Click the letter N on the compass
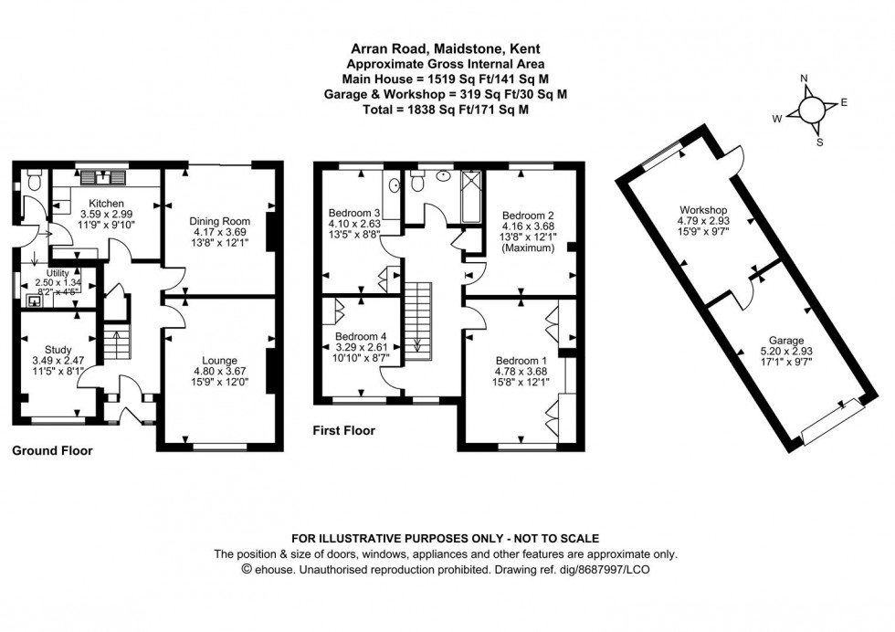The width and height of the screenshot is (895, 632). click(805, 79)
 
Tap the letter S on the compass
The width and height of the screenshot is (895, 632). click(819, 142)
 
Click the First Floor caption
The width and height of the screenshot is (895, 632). click(343, 430)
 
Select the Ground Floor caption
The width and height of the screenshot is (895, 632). click(52, 450)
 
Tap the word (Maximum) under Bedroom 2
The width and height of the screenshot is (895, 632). click(529, 248)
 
